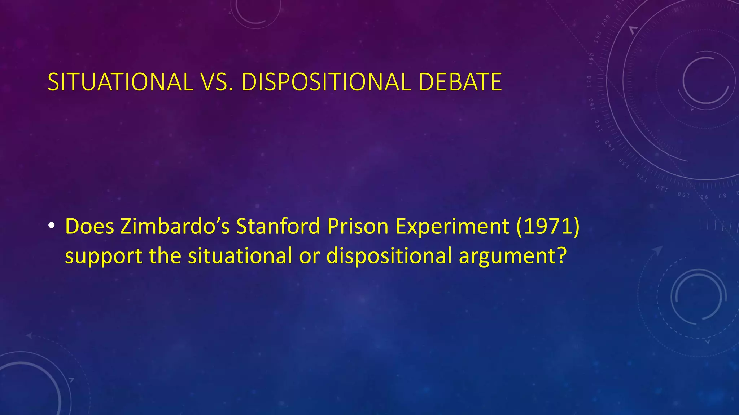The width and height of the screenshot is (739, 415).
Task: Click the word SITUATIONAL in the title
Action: pos(120,82)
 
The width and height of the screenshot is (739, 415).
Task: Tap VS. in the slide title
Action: pos(216,82)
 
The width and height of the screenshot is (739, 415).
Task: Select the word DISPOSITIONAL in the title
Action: pos(326,82)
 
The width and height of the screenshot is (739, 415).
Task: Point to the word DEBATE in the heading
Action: pos(460,82)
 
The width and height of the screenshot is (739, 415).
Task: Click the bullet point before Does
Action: pos(52,226)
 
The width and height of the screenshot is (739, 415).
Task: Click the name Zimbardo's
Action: pos(175,226)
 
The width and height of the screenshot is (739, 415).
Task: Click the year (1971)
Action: pos(548,226)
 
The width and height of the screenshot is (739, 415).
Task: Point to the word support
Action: pos(104,256)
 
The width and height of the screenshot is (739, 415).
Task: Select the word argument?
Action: pos(513,256)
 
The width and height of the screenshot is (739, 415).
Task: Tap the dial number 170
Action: pos(589,81)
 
